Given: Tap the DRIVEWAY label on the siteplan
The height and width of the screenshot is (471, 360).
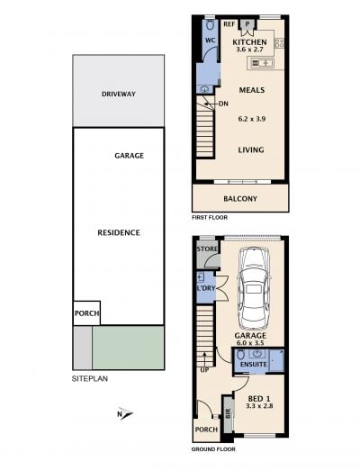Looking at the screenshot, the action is click(x=119, y=94).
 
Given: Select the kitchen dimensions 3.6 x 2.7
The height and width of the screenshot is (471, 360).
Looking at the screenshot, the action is click(x=249, y=50).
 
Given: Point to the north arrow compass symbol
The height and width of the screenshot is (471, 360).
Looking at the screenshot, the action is click(x=125, y=414).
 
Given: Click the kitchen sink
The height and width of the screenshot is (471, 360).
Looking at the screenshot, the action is click(x=261, y=63).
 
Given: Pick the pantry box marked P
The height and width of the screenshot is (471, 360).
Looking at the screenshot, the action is click(x=248, y=24).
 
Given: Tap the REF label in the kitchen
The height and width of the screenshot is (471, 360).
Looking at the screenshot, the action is click(x=229, y=24).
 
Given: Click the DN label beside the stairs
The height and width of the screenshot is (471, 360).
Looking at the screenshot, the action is click(x=223, y=104).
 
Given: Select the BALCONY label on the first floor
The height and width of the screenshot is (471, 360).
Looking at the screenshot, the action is click(x=240, y=199).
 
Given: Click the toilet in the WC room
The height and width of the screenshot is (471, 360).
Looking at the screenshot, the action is click(x=210, y=25).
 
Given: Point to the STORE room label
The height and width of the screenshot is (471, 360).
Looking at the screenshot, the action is click(x=207, y=249).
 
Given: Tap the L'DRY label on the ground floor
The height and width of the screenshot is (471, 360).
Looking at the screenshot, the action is click(x=206, y=288).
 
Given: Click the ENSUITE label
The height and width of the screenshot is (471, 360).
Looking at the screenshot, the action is click(x=254, y=365).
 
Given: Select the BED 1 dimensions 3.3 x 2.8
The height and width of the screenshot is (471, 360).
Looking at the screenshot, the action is click(x=259, y=406).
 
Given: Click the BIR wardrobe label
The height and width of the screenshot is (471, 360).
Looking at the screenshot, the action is click(x=228, y=413).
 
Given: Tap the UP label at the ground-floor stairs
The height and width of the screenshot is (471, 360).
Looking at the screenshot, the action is click(x=204, y=370).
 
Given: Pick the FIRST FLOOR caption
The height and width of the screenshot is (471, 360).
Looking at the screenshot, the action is click(x=210, y=217).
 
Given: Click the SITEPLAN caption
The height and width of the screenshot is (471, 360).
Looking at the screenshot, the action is click(x=90, y=379).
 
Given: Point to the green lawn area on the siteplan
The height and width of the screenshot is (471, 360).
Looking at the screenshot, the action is click(x=128, y=348).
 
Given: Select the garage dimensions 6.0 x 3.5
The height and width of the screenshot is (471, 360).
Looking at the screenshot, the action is click(x=250, y=342).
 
